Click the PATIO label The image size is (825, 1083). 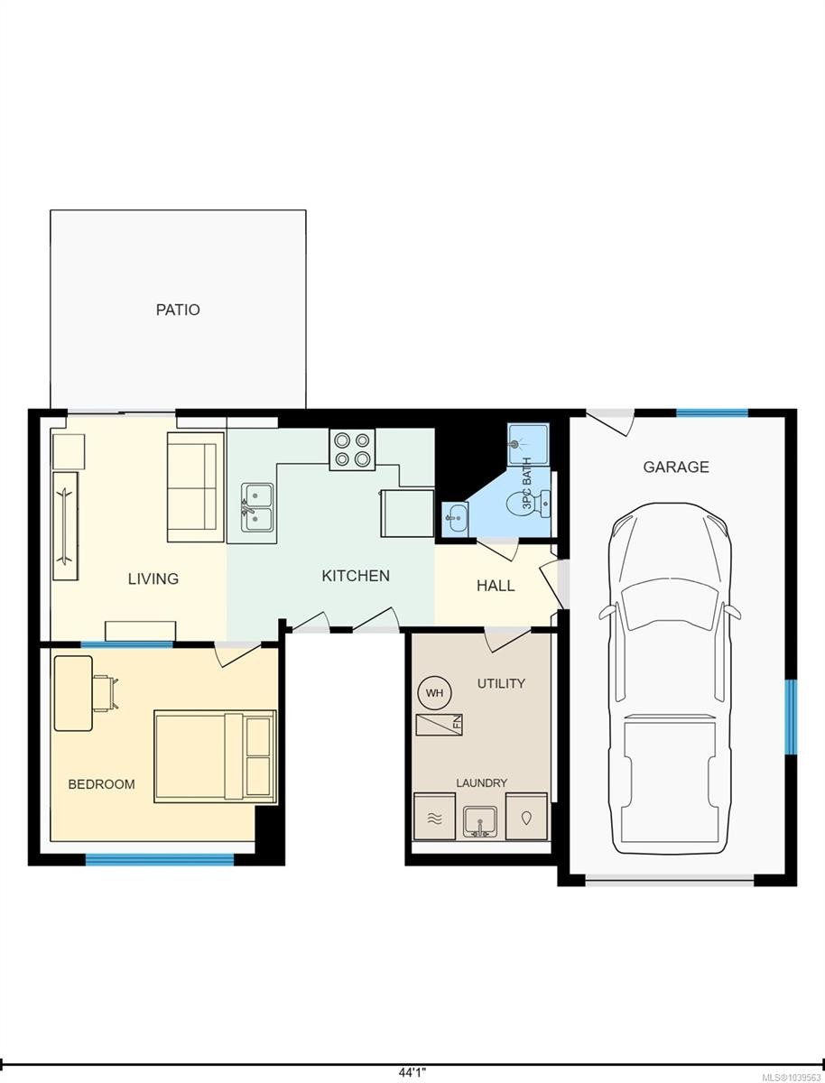coord(178,310)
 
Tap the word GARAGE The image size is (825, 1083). coord(676,467)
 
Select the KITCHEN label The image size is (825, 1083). coord(356,576)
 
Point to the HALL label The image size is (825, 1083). coord(496,586)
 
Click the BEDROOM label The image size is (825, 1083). coord(102,784)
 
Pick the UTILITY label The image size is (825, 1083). coord(501,683)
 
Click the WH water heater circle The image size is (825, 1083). coord(435,693)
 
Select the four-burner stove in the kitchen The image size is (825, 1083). coord(352,449)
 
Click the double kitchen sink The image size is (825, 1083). coord(257,508)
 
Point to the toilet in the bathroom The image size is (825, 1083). coord(528,504)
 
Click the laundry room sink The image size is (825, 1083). coord(479,822)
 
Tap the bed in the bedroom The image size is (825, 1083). coord(215,756)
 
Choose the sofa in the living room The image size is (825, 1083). coord(195,487)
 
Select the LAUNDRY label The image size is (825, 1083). coord(482,783)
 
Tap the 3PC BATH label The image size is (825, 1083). coord(527,484)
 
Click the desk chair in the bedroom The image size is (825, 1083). coord(106,694)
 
